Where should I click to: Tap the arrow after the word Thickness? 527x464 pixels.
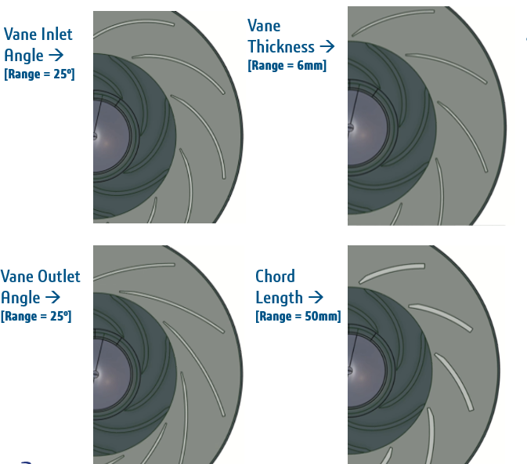click(x=327, y=46)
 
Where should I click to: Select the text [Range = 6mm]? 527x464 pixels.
click(x=287, y=65)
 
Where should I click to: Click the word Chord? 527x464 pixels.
click(x=275, y=276)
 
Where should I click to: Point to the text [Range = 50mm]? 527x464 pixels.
click(x=298, y=316)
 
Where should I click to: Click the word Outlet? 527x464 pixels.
click(x=59, y=277)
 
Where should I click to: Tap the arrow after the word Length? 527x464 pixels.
click(x=316, y=297)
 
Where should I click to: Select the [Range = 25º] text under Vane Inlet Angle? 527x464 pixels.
click(x=39, y=74)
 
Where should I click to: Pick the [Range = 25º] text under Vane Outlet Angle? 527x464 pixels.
click(x=36, y=316)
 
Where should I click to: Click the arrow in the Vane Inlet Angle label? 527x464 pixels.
click(x=56, y=55)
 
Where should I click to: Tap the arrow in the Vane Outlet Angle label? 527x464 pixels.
click(x=52, y=297)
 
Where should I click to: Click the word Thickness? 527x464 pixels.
click(x=281, y=46)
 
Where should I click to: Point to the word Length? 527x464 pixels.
click(x=280, y=297)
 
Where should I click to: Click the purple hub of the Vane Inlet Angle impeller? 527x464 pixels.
click(x=110, y=136)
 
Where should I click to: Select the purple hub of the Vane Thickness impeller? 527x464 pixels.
click(x=366, y=128)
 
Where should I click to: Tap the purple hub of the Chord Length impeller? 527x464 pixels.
click(x=366, y=370)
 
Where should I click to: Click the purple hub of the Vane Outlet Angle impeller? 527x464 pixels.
click(x=111, y=375)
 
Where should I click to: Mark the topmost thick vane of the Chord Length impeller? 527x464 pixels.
click(x=392, y=272)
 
